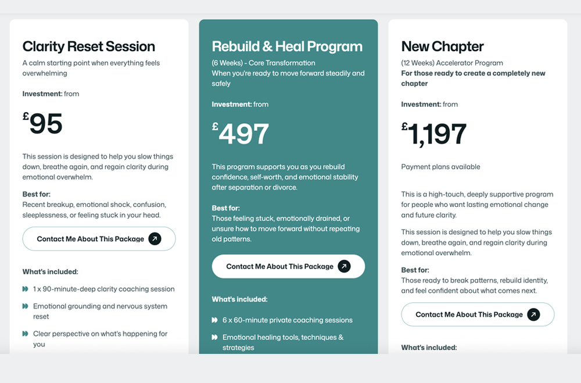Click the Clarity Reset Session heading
click(88, 46)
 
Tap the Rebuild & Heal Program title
click(287, 46)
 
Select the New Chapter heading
click(442, 46)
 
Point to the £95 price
click(43, 124)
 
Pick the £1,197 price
click(434, 134)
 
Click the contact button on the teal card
click(288, 266)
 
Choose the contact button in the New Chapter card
click(478, 314)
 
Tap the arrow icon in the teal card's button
click(344, 266)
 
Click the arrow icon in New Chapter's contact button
click(533, 314)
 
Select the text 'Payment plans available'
click(440, 167)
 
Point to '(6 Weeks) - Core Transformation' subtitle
click(263, 63)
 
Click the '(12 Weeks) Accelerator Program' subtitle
click(452, 63)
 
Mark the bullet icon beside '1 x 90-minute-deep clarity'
click(26, 289)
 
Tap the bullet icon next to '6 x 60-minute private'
click(215, 320)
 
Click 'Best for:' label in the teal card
click(225, 208)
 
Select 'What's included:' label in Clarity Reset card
click(50, 271)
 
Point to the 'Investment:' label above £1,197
click(421, 105)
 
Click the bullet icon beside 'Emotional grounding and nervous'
click(26, 306)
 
